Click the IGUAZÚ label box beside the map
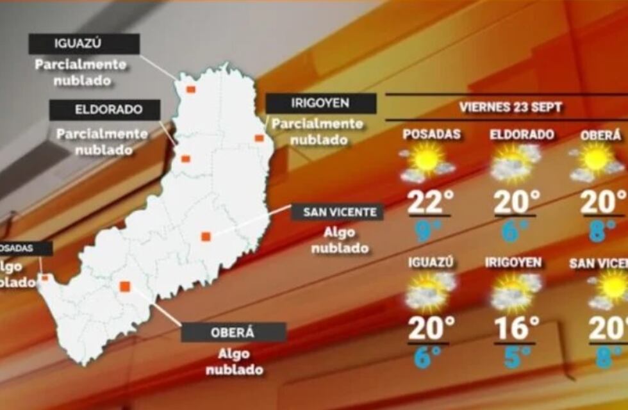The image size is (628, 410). click(84, 44)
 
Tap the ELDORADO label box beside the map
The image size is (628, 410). click(104, 110)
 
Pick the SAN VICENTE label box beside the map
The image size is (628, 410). click(337, 213)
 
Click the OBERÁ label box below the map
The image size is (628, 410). click(233, 332)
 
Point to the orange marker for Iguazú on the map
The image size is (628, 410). click(190, 89)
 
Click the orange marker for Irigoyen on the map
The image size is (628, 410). click(259, 138)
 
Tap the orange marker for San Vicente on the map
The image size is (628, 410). click(206, 236)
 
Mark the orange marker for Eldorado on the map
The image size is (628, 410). click(185, 159)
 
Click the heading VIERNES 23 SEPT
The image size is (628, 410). click(511, 107)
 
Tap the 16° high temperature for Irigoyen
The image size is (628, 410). click(515, 328)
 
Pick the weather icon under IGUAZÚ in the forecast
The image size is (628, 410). click(429, 291)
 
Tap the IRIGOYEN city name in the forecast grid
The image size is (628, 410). click(513, 263)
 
